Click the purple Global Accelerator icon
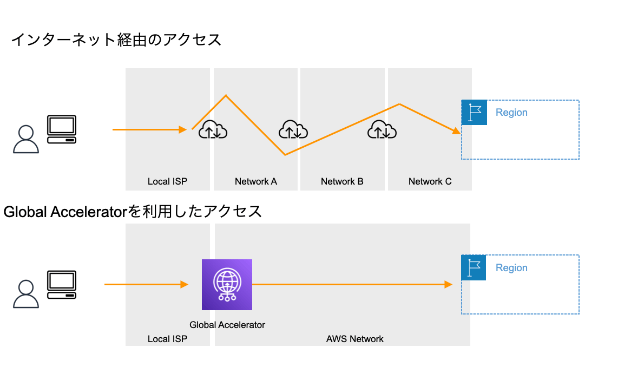227,285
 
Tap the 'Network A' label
255,181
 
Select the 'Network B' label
342,181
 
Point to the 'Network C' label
430,181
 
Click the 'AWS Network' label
354,339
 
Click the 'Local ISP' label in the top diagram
167,181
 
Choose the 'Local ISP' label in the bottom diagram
167,339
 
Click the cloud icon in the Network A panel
293,130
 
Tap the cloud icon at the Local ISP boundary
213,130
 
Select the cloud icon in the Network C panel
382,130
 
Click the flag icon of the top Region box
474,113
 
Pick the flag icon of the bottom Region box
474,268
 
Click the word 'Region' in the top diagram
511,113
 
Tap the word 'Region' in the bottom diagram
511,268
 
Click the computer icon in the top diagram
61,129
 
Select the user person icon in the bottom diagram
25,294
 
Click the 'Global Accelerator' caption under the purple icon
227,325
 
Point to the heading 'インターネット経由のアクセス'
116,40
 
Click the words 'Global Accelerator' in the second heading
65,212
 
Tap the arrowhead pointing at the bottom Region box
448,284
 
